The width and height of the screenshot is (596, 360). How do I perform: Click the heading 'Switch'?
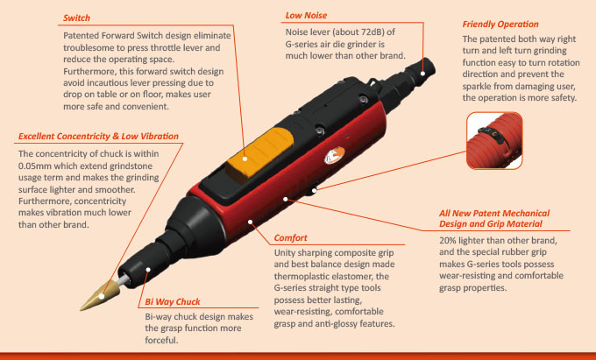pos(77,18)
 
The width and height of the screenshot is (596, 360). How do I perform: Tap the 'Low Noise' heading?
pos(306,16)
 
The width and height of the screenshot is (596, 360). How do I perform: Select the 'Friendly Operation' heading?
pos(500,25)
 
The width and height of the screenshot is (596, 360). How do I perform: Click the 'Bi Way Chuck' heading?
pos(173,302)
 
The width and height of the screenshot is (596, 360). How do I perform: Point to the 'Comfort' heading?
pos(290,238)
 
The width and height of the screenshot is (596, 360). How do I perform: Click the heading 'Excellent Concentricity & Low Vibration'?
pos(98,137)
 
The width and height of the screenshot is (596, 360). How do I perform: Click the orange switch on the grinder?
pos(261,152)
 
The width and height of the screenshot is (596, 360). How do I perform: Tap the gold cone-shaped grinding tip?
pos(100,297)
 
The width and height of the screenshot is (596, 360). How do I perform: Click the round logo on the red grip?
pos(335,156)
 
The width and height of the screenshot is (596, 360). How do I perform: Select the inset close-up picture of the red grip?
pos(494,140)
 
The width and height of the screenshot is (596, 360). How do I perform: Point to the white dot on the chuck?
pos(148,270)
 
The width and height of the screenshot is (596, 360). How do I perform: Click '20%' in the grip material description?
pos(448,241)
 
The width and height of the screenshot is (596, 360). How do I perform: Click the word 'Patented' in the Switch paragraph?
pos(82,36)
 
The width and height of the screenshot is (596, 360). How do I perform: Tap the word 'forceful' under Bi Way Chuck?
pos(160,340)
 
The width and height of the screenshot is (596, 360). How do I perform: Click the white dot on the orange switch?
pos(245,159)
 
